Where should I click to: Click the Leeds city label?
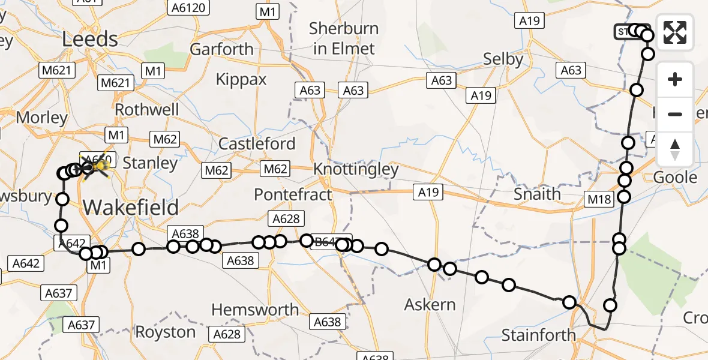click(90, 40)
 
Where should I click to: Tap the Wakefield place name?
click(131, 208)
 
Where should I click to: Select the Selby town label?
click(504, 59)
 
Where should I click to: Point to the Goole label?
click(675, 178)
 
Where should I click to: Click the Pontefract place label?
click(293, 194)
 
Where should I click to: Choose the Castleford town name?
click(257, 144)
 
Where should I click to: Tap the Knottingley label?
click(356, 169)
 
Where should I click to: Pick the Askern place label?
click(430, 305)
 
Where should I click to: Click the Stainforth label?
click(538, 335)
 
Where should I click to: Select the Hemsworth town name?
click(255, 310)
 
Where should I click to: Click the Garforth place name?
click(221, 49)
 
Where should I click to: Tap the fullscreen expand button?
click(675, 32)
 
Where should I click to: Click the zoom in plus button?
click(675, 79)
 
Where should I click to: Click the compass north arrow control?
click(675, 149)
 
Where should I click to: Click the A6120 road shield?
click(188, 8)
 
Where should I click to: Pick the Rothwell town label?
click(146, 110)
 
